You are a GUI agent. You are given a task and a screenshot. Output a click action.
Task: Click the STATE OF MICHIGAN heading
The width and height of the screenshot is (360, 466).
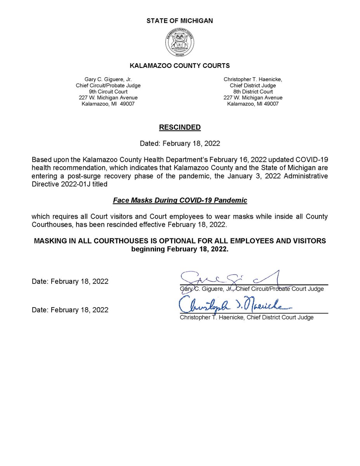pos(180,21)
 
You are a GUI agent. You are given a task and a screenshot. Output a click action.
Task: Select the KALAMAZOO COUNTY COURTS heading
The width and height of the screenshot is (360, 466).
pos(180,66)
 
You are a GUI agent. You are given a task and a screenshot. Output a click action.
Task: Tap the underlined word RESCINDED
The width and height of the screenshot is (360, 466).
pos(180,127)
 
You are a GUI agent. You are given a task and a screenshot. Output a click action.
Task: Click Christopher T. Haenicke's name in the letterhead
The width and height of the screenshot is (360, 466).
pos(253,79)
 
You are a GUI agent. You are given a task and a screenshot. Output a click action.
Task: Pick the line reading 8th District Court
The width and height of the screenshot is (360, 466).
pos(253,92)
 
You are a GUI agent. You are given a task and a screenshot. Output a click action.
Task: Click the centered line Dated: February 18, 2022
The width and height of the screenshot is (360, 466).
pos(180,143)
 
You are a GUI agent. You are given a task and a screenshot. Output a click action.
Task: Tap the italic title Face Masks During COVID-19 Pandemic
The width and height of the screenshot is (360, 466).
pos(180,200)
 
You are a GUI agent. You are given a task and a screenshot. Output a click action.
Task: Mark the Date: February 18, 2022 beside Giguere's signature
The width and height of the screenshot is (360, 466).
pos(70,282)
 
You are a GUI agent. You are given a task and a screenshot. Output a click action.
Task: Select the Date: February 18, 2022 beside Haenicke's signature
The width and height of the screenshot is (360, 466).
pos(70,310)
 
